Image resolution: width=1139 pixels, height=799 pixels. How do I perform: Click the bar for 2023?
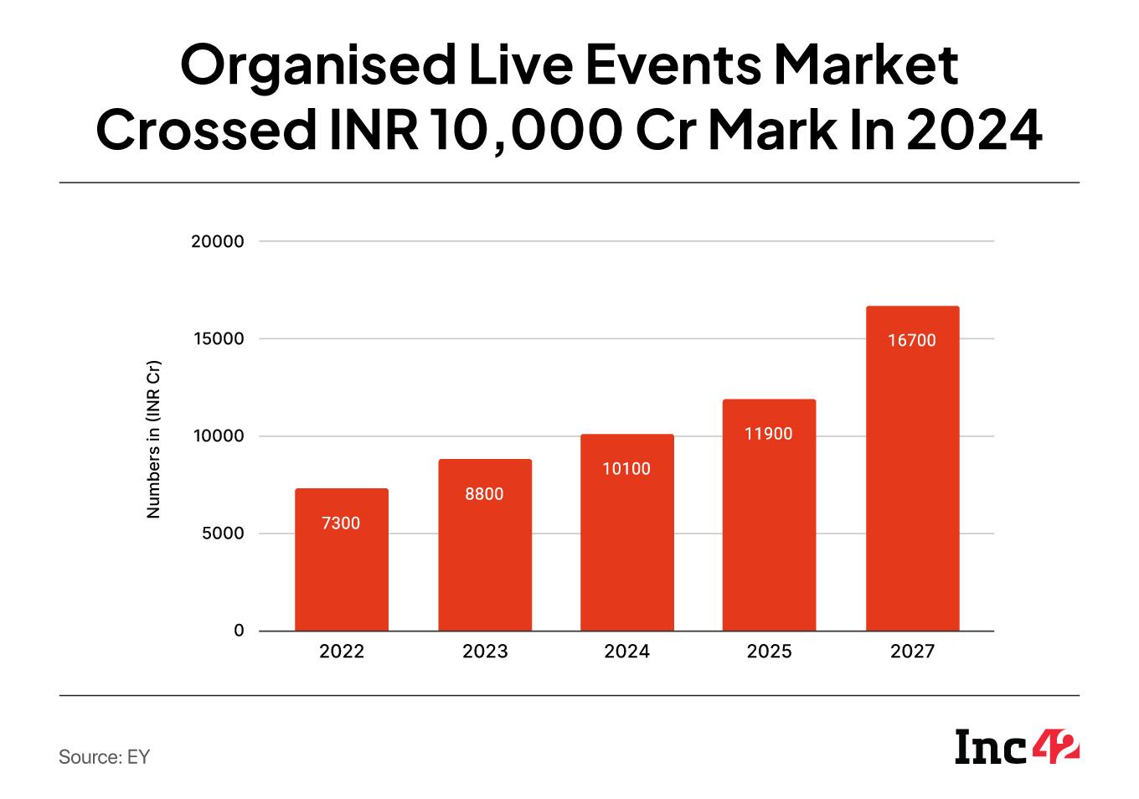(x=485, y=561)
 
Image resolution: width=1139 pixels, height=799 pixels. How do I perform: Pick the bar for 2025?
(x=769, y=536)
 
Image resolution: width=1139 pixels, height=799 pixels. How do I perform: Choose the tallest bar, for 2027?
(x=912, y=486)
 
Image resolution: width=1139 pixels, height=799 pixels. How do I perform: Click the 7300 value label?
(x=341, y=523)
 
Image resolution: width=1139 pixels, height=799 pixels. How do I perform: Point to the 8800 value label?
(x=485, y=494)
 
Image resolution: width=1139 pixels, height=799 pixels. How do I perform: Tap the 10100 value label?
(x=626, y=469)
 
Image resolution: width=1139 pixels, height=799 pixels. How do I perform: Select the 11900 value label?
(x=769, y=434)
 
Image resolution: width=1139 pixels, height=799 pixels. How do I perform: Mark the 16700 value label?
(x=912, y=341)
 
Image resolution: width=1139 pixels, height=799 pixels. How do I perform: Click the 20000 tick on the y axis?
(x=217, y=241)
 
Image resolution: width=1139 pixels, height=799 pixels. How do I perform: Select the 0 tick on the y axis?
(x=239, y=631)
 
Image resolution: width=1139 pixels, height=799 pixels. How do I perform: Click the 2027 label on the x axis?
(x=912, y=652)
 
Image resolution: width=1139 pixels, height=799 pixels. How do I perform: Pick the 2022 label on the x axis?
(x=342, y=652)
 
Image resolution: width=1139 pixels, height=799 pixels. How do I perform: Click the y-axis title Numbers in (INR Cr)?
(x=153, y=439)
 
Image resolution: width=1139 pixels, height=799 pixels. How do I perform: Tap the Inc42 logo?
(x=1017, y=747)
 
